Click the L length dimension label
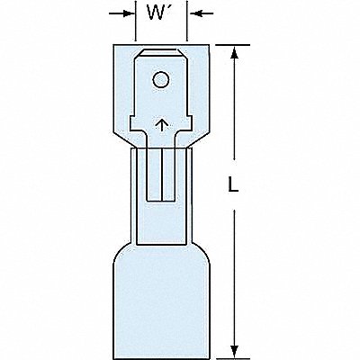233,184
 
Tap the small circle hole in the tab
161,80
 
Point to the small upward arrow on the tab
161,125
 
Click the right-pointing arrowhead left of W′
129,13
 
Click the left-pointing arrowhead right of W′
193,13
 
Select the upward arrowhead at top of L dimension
235,51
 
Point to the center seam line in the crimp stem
162,175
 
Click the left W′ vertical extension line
136,21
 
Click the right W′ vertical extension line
187,21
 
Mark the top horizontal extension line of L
233,45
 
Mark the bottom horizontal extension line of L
233,358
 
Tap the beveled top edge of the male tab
161,52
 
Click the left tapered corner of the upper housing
122,139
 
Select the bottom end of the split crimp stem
162,201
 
